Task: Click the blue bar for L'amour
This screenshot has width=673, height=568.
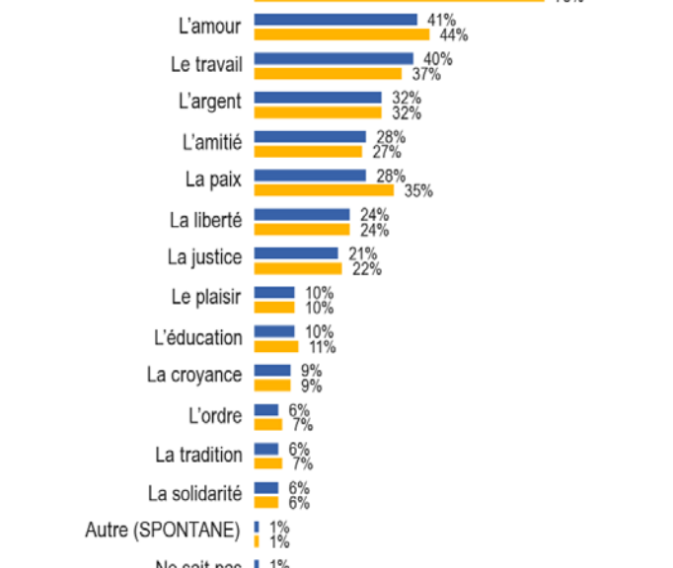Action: (336, 20)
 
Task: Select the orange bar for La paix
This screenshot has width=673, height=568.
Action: (324, 190)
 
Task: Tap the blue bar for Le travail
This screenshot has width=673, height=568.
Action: (334, 58)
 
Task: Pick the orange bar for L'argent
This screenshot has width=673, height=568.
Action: (318, 112)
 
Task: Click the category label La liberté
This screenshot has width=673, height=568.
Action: (206, 219)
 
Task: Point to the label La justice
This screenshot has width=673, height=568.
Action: (204, 258)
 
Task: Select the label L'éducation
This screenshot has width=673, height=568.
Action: (198, 337)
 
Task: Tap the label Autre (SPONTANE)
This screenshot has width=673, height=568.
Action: (163, 531)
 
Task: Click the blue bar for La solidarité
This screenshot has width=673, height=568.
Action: (266, 488)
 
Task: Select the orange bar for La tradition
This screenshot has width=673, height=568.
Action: (268, 462)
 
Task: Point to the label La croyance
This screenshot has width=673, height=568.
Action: (194, 375)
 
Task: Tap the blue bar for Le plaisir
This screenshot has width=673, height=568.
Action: (274, 293)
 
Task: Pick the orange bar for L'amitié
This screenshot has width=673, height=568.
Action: (308, 152)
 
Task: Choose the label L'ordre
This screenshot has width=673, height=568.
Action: (214, 414)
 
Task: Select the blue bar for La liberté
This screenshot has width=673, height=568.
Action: (302, 214)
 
